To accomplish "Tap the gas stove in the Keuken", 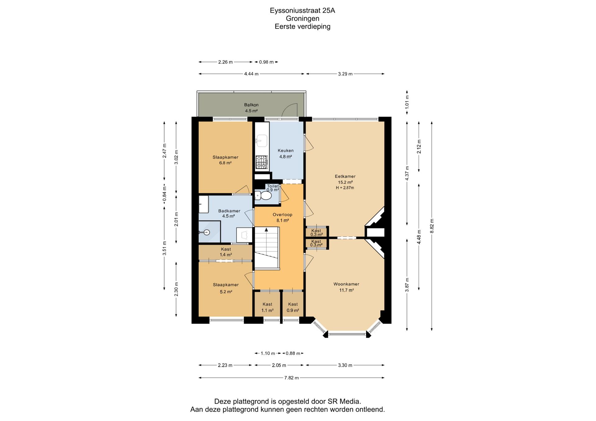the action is [261, 162].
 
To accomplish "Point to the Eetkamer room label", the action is [345, 176].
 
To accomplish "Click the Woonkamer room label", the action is [346, 284].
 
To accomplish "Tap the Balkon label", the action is [251, 105].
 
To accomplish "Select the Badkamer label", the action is [229, 211].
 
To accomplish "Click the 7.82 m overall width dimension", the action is [291, 378].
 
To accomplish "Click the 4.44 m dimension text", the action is [251, 74].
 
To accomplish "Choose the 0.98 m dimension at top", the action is [266, 62].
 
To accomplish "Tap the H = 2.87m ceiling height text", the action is [345, 188].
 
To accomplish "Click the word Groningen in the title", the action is [302, 19].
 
